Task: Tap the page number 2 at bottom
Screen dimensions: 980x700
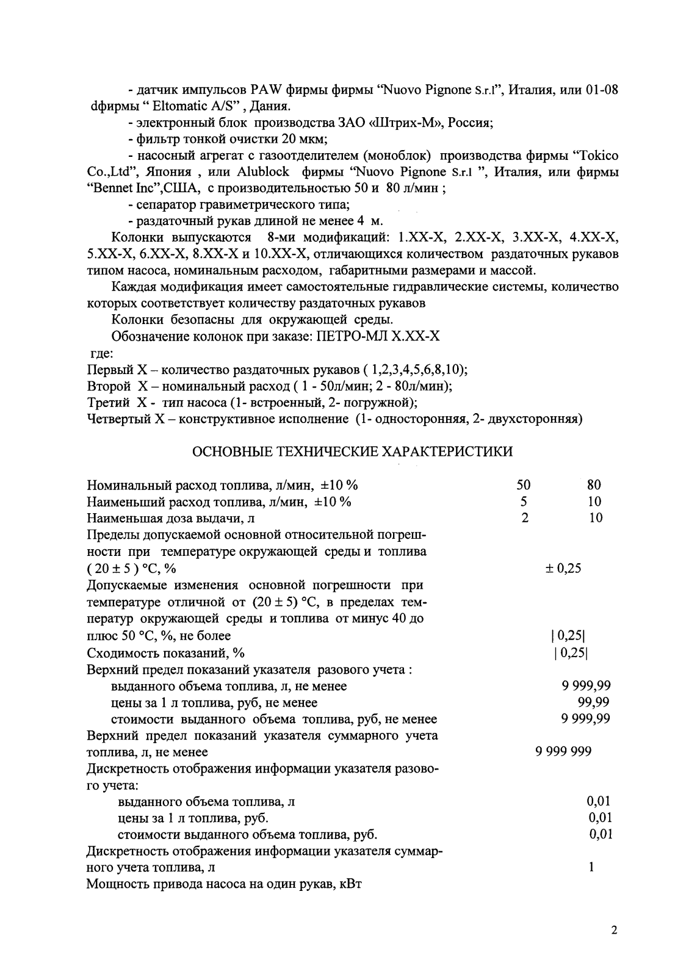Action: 614,931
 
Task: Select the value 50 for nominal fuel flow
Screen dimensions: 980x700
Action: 523,485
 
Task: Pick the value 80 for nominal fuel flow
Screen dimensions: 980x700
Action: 594,485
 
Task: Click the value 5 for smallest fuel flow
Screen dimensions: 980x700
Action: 523,502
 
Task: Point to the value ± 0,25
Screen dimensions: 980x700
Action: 563,569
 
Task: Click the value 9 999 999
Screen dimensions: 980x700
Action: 563,752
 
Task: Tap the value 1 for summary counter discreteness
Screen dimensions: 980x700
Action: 592,867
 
